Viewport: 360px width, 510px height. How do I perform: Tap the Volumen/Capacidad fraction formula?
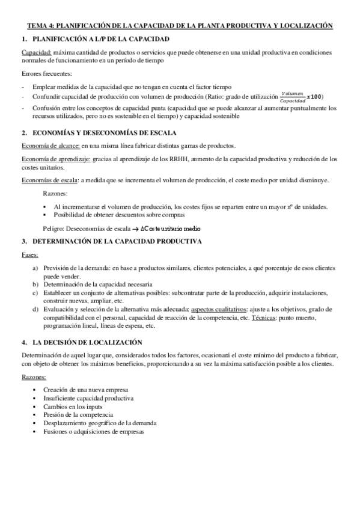[x=292, y=97]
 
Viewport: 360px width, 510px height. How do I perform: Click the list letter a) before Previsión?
[x=35, y=268]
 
